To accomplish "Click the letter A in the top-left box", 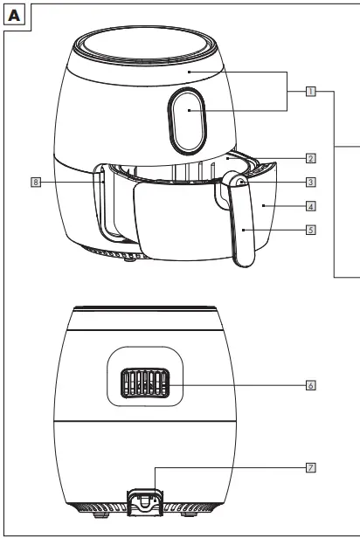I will pos(14,15).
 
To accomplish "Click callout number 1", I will pos(310,90).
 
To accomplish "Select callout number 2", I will pos(310,159).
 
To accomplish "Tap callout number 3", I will pos(310,183).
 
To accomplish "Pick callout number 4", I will pos(310,207).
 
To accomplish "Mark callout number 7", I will pos(310,467).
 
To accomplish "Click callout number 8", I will pos(35,183).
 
